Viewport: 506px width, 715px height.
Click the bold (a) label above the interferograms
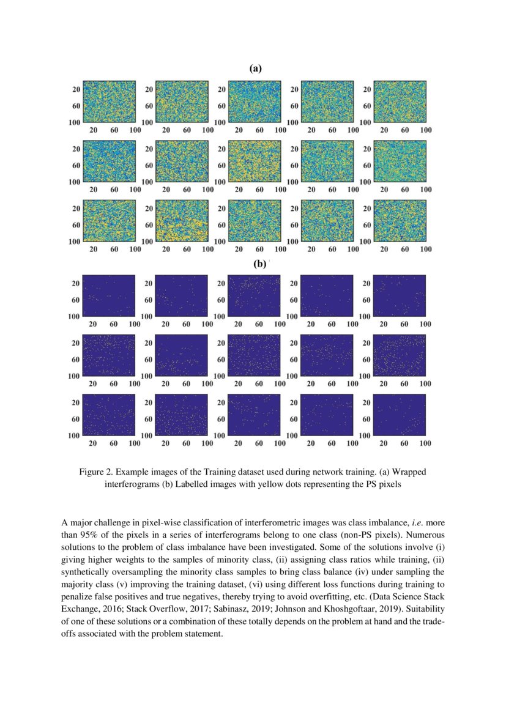click(255, 69)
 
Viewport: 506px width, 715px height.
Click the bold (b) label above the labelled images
click(259, 264)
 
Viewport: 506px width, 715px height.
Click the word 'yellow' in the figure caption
click(267, 484)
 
